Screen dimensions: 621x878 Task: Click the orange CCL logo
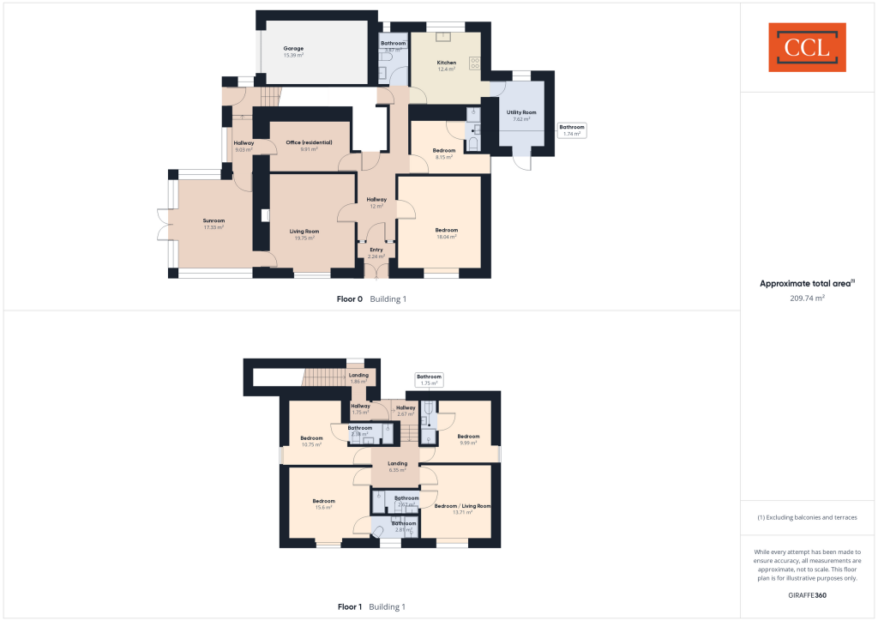coord(807,47)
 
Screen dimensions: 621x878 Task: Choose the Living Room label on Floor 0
coord(304,233)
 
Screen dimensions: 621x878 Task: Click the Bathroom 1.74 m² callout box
coord(572,130)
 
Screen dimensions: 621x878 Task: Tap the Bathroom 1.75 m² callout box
coord(429,379)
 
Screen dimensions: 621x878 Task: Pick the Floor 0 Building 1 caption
coord(370,299)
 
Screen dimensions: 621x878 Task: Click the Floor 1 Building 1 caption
coord(370,606)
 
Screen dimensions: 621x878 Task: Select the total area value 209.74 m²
coord(807,298)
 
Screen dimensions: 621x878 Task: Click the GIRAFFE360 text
coord(807,594)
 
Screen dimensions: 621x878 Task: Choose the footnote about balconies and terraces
coord(807,517)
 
